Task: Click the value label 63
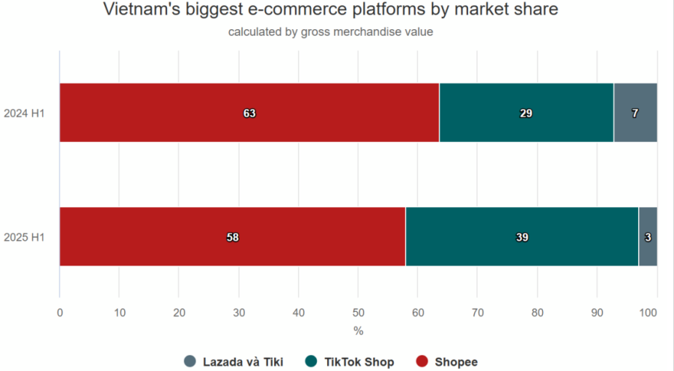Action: pyautogui.click(x=249, y=113)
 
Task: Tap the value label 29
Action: pyautogui.click(x=526, y=113)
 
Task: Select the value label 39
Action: pyautogui.click(x=522, y=237)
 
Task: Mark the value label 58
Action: pyautogui.click(x=232, y=237)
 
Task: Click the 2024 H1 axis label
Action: pyautogui.click(x=25, y=113)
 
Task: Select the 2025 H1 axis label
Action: pyautogui.click(x=25, y=237)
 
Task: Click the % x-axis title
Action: pyautogui.click(x=358, y=330)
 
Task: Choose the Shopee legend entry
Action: pyautogui.click(x=446, y=362)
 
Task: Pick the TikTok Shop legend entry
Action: pyautogui.click(x=350, y=362)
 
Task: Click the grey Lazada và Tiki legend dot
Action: pyautogui.click(x=190, y=362)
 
